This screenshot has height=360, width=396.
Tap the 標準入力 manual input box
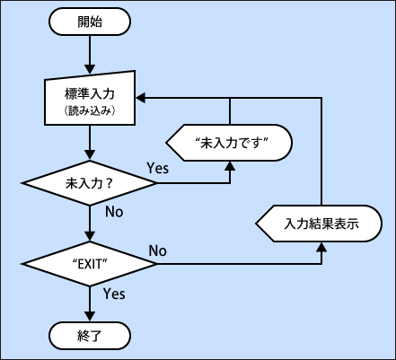91,101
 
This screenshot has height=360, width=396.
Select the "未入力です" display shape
231,142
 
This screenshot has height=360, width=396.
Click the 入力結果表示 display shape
321,223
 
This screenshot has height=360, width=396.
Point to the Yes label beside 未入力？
158,168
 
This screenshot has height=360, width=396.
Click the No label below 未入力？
114,213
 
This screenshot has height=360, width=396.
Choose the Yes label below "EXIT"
114,294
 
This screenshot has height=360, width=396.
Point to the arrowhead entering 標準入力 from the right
142,96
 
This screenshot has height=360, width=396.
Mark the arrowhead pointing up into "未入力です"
231,164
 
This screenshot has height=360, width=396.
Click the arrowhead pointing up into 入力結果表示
321,245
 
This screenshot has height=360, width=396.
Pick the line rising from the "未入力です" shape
231,110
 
